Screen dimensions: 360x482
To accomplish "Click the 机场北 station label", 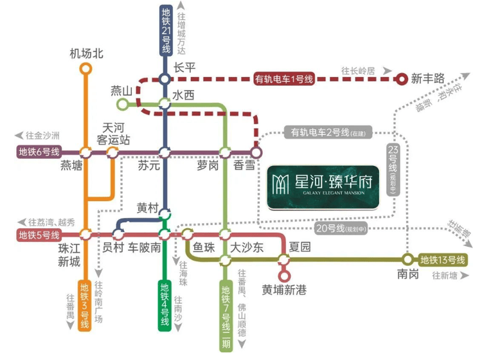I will (86, 54).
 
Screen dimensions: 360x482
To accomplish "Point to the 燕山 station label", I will (121, 91).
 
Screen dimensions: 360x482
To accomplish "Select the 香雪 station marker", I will (256, 152).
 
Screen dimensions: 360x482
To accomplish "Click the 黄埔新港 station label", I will (285, 290).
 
